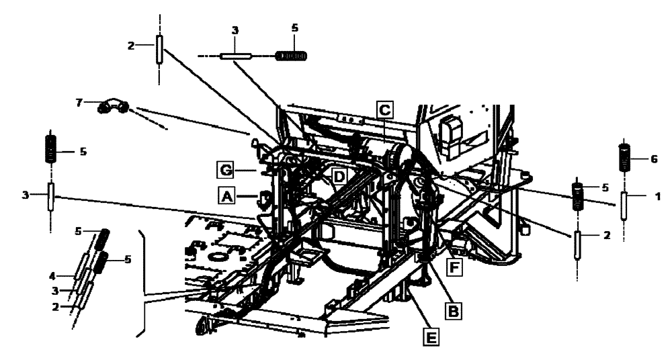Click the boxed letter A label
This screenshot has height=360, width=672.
(226, 195)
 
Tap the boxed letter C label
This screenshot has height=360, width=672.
(383, 108)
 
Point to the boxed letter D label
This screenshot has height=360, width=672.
(339, 176)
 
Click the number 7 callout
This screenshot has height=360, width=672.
(79, 102)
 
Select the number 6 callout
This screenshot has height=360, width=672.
(653, 160)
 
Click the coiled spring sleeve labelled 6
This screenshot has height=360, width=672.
(624, 160)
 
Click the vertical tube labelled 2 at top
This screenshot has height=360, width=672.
(159, 50)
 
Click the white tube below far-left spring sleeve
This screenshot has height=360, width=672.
(50, 198)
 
